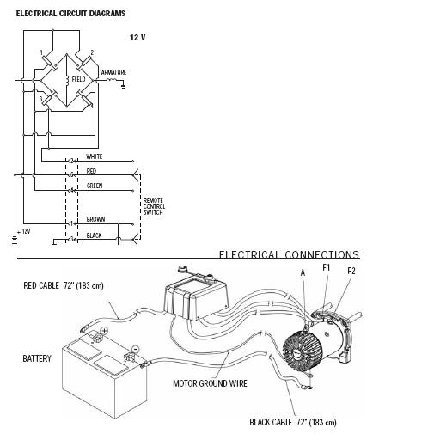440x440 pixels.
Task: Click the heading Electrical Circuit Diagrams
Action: coord(70,14)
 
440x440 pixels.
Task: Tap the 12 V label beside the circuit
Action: coord(137,38)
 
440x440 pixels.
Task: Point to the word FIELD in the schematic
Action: coord(78,79)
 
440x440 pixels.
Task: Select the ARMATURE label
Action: coord(113,72)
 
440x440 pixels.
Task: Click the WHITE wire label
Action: coord(95,156)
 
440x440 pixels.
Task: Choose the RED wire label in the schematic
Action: coord(91,171)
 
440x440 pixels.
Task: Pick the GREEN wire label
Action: coord(95,186)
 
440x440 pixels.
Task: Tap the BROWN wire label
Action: coord(95,219)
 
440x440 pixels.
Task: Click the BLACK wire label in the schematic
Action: coord(94,235)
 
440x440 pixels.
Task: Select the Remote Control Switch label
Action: coord(154,206)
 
